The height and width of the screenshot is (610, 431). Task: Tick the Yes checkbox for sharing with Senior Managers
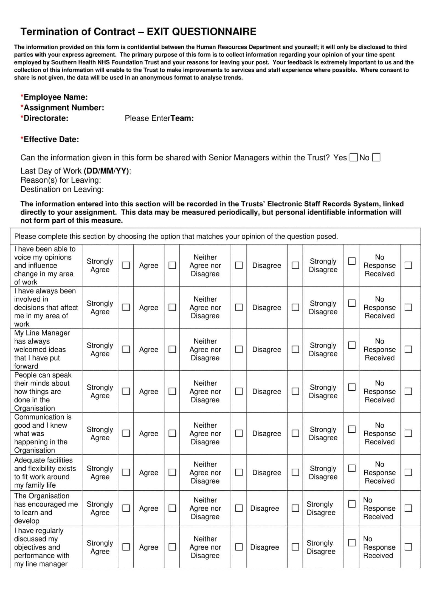354,158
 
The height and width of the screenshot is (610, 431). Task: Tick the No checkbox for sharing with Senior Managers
376,158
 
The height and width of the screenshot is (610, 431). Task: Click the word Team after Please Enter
182,118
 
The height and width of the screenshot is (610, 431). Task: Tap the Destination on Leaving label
62,189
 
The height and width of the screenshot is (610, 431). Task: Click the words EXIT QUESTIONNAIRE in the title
201,32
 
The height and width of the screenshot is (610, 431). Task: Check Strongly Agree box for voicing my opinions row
126,265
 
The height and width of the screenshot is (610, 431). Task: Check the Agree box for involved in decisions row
172,307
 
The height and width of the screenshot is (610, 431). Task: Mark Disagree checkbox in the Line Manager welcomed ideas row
295,349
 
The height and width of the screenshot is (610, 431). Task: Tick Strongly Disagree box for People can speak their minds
352,387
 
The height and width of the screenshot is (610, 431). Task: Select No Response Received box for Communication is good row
408,433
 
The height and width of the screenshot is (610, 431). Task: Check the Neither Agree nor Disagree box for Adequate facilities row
239,472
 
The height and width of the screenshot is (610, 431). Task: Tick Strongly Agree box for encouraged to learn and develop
126,508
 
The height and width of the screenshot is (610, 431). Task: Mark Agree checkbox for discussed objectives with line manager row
172,547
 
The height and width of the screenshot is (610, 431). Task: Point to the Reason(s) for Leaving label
61,180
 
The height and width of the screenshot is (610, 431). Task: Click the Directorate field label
46,118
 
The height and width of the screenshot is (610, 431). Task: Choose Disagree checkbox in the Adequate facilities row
295,472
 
